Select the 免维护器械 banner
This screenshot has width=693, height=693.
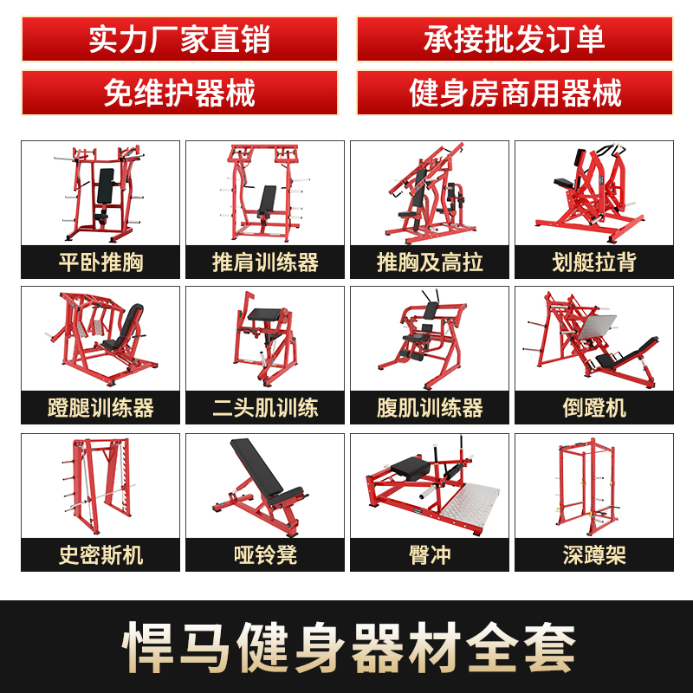(x=179, y=93)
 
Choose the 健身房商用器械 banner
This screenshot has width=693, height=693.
(x=514, y=93)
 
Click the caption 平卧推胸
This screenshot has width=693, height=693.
(x=100, y=262)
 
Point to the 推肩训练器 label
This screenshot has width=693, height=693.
(x=265, y=262)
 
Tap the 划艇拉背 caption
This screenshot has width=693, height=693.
(x=594, y=262)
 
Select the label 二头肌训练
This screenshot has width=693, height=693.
(x=265, y=407)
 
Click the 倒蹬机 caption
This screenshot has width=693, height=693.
(x=594, y=407)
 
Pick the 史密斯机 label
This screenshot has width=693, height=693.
(x=100, y=554)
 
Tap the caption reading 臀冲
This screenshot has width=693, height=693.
(x=430, y=554)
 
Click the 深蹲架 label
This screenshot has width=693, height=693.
(x=594, y=554)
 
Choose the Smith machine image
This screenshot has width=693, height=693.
(x=100, y=485)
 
